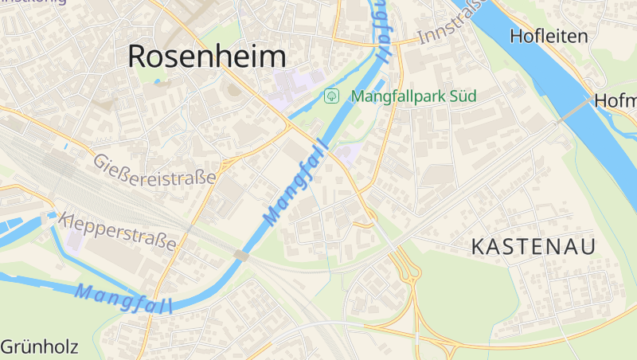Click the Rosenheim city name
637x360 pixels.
click(206, 56)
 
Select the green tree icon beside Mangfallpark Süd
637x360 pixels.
click(331, 96)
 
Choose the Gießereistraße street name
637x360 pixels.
click(154, 169)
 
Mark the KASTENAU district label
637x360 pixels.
click(533, 247)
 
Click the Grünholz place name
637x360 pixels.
click(39, 347)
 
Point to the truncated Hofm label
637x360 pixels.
click(615, 101)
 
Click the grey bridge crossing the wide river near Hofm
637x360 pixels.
click(574, 111)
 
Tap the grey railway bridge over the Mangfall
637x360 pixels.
click(240, 256)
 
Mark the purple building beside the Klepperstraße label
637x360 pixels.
click(74, 239)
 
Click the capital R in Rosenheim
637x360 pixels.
click(139, 56)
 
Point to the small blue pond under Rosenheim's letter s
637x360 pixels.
click(157, 81)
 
